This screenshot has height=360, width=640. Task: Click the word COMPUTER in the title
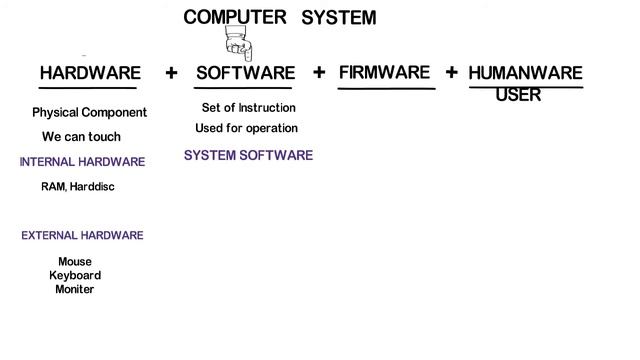click(235, 17)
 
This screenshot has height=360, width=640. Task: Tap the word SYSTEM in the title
click(338, 18)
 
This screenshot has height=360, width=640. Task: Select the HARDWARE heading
click(90, 73)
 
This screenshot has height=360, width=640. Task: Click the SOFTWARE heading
click(245, 73)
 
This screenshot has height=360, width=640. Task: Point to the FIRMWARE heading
click(384, 72)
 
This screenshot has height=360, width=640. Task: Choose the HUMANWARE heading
click(525, 73)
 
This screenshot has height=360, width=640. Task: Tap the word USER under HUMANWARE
click(518, 95)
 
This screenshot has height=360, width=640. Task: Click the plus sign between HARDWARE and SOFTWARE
click(171, 72)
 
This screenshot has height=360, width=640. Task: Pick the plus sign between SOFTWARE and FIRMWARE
click(319, 72)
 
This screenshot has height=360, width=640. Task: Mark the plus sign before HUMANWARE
click(452, 72)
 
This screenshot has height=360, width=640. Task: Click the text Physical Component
click(89, 113)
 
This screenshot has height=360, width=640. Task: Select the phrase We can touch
click(81, 137)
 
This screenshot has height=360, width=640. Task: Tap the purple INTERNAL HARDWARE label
click(82, 162)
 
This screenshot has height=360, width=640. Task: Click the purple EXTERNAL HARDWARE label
click(82, 236)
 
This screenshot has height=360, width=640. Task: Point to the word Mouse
click(74, 262)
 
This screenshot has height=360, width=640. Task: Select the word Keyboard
click(75, 275)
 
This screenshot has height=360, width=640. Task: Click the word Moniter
click(75, 289)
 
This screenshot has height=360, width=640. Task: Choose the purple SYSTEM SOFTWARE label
click(248, 155)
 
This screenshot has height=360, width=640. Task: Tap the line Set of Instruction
click(248, 108)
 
